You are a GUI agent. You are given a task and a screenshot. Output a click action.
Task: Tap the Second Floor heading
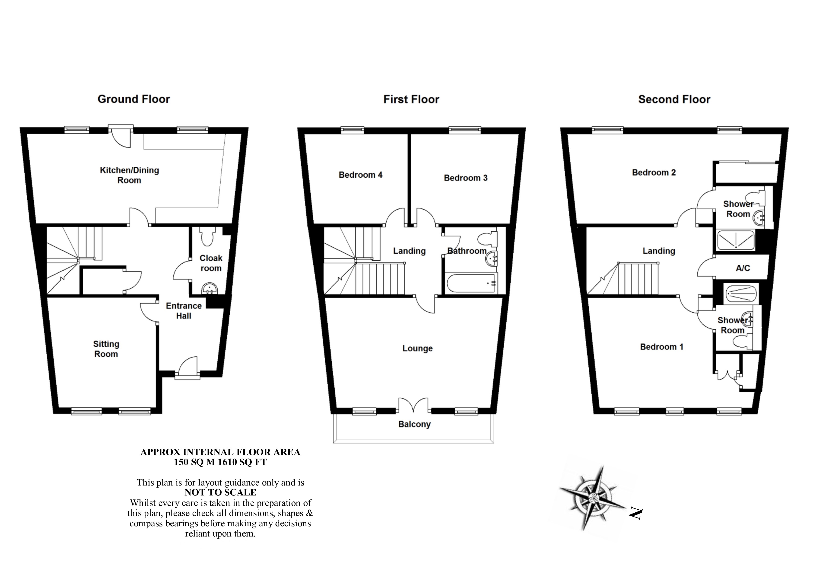tap(674, 99)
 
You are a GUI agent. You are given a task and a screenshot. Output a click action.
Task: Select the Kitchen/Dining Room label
tap(129, 175)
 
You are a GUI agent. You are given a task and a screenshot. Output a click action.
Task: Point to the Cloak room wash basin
tap(210, 288)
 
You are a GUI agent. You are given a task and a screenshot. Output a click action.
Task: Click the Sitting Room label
tap(106, 349)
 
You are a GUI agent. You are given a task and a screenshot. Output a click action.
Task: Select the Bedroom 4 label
tap(360, 175)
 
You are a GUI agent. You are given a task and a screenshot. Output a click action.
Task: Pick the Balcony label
tap(414, 424)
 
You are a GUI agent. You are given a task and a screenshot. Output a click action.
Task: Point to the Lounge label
tap(417, 348)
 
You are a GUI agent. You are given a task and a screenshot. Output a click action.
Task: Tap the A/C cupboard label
tap(743, 268)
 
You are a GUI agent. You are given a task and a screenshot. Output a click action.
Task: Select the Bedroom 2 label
tap(654, 172)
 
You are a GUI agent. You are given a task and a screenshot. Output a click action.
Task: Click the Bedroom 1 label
tap(661, 347)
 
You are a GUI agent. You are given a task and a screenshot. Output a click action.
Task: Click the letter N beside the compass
tap(636, 513)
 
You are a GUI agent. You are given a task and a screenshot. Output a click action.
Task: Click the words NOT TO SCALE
tap(220, 492)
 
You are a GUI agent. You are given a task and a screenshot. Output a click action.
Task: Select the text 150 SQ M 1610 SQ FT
tap(220, 462)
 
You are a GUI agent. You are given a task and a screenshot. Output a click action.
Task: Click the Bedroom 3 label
tap(466, 178)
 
